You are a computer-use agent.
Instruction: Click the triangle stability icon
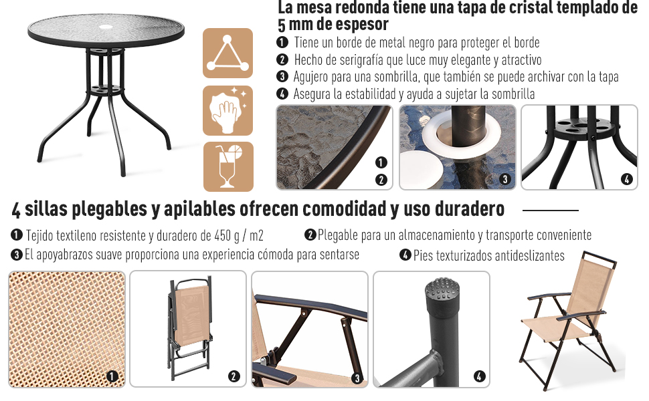(228, 53)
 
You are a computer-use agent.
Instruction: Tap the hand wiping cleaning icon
(228, 110)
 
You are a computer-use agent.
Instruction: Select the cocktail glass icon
(228, 166)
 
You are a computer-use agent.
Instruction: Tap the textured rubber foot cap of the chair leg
(442, 294)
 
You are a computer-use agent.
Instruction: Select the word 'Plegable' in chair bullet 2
(340, 235)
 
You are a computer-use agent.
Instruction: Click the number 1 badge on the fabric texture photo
(112, 376)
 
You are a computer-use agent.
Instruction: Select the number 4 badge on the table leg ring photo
(626, 179)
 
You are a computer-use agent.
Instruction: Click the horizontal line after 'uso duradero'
(550, 211)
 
